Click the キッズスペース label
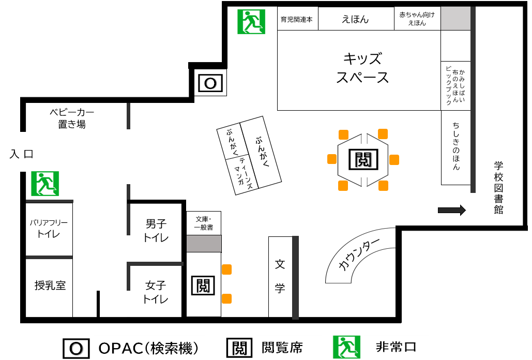(x=362, y=67)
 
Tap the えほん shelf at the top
(x=355, y=19)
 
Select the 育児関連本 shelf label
(x=297, y=19)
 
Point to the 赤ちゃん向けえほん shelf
(x=417, y=19)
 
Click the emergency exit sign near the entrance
(x=45, y=184)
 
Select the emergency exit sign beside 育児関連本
(x=251, y=22)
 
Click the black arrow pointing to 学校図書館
(x=452, y=210)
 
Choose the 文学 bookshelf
(x=280, y=276)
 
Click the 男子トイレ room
(x=156, y=231)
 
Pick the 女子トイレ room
(x=156, y=292)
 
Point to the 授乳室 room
(x=50, y=285)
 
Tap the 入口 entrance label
(x=21, y=154)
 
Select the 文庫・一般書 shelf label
(x=204, y=222)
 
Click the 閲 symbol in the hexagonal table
(x=363, y=159)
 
